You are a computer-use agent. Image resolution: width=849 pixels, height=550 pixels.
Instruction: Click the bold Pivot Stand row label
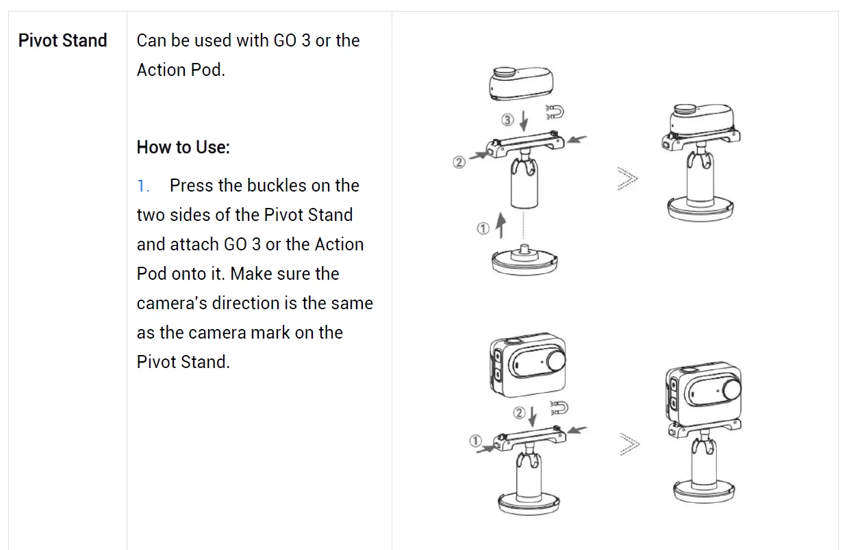click(63, 40)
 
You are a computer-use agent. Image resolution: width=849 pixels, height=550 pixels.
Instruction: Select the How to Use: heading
click(183, 147)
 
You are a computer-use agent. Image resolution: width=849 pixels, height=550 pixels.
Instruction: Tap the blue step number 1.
click(142, 185)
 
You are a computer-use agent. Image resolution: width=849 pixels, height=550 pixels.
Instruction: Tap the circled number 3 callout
click(507, 120)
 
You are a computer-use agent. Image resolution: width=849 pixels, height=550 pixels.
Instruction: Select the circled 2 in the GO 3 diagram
click(459, 162)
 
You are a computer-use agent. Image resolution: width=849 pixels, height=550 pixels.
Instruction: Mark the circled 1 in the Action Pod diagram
click(475, 441)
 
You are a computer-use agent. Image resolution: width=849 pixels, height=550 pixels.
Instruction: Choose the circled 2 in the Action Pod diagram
click(519, 413)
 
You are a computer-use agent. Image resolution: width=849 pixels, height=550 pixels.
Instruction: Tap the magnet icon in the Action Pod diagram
click(559, 408)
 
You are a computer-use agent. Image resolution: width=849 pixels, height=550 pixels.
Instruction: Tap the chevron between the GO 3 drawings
click(627, 179)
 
